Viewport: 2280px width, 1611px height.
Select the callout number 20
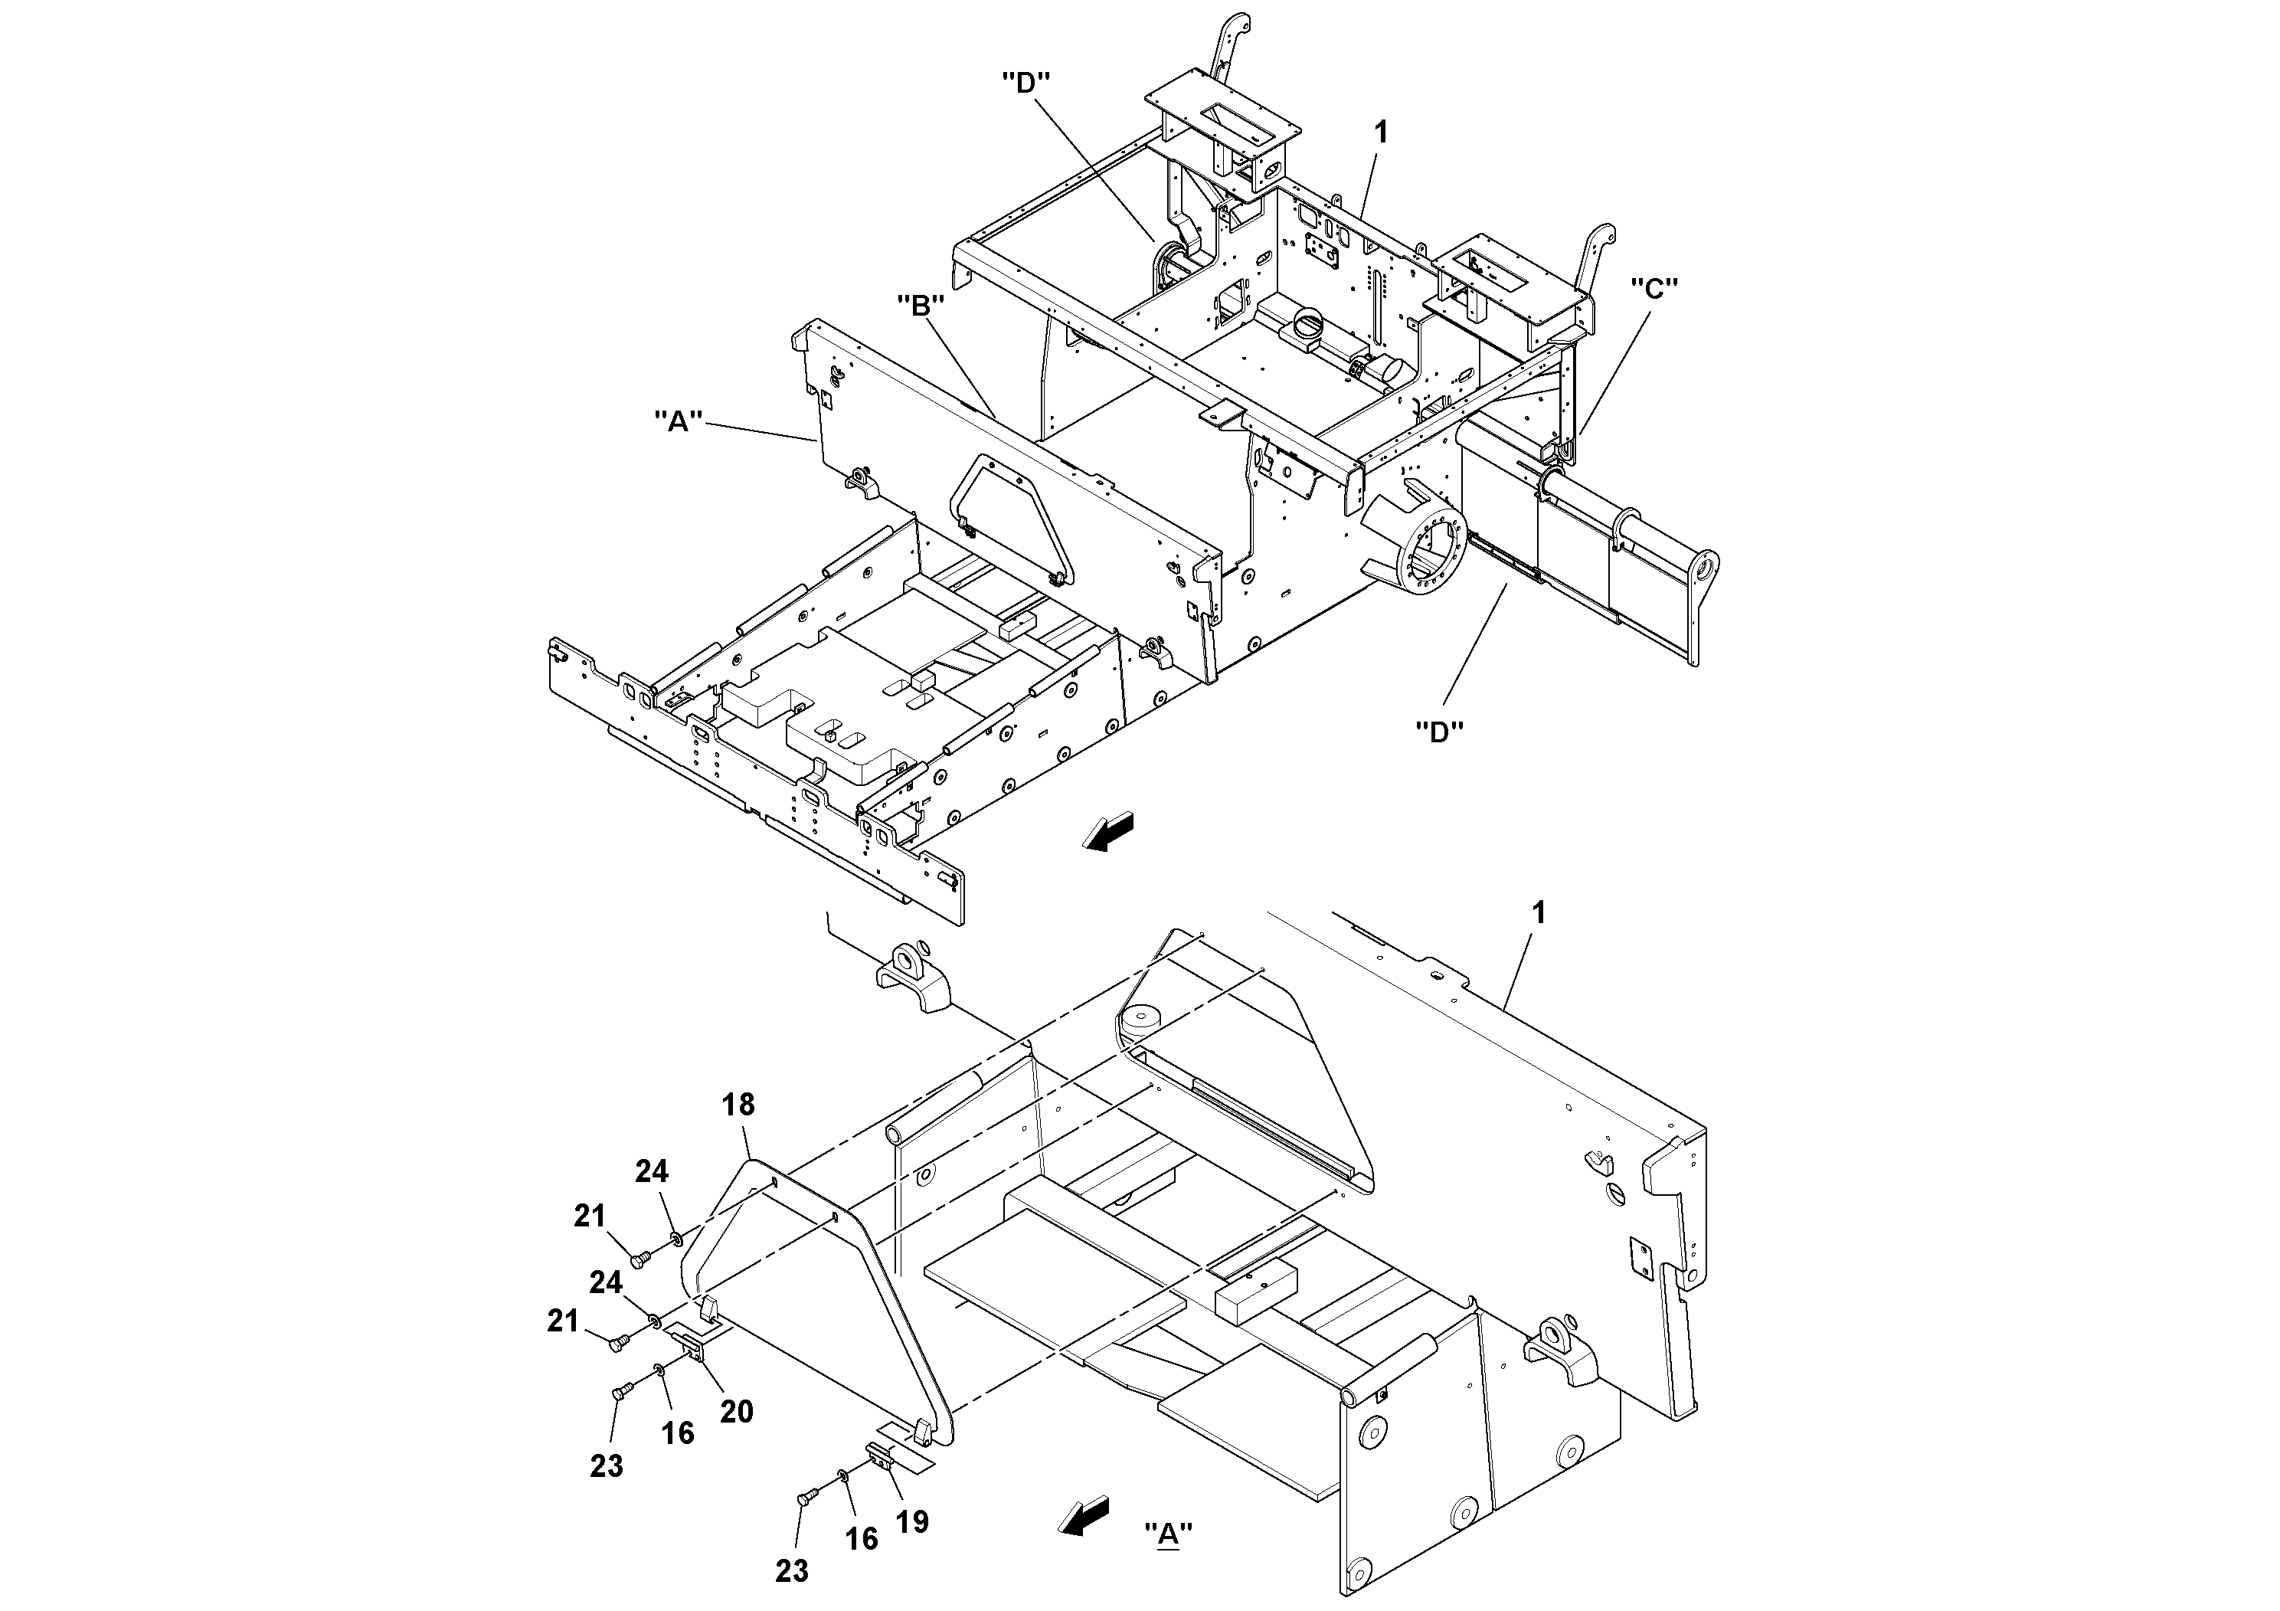(736, 1411)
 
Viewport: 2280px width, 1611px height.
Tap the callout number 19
(911, 1521)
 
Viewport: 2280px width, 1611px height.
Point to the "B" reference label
(920, 306)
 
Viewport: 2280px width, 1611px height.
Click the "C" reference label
(1654, 288)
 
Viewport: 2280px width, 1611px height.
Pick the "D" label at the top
(1026, 83)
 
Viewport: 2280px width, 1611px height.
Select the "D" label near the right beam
(1439, 732)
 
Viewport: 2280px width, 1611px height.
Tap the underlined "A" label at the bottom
(1168, 1534)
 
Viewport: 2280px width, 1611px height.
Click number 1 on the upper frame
(1379, 131)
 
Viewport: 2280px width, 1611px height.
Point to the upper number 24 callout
(652, 1171)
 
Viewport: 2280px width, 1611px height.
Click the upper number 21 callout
(590, 1215)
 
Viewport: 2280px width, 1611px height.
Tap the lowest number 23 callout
(791, 1570)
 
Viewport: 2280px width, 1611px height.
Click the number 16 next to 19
(861, 1538)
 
